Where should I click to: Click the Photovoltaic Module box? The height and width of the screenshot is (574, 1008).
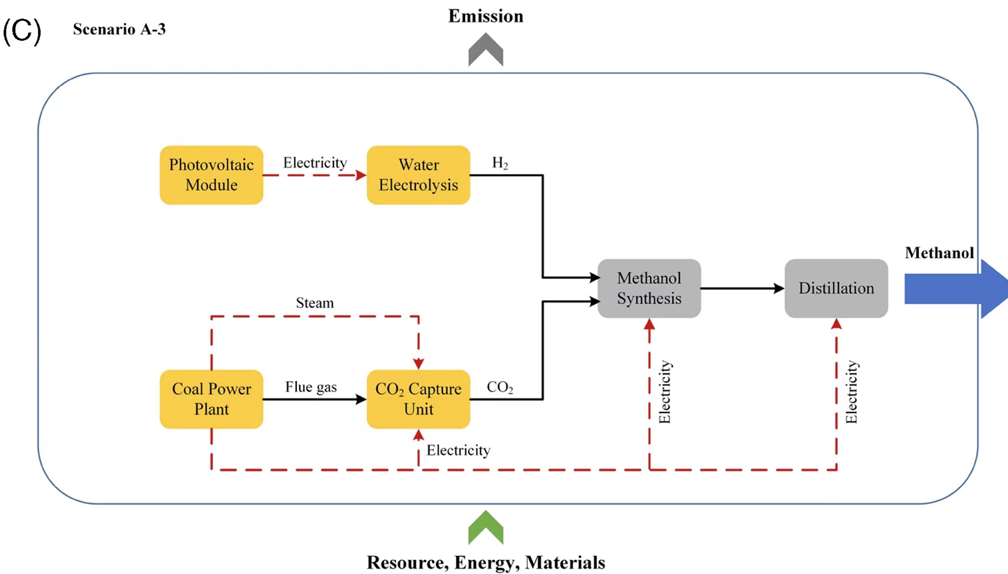click(x=211, y=175)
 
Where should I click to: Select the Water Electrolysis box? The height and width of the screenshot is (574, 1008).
click(x=418, y=175)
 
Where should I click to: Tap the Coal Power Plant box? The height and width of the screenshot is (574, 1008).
click(x=211, y=399)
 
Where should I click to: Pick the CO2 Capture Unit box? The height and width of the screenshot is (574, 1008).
click(x=418, y=399)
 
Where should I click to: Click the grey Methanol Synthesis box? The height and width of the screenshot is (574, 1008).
click(x=649, y=288)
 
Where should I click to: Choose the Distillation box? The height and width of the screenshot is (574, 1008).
click(x=836, y=288)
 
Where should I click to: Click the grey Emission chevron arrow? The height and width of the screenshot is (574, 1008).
click(x=486, y=50)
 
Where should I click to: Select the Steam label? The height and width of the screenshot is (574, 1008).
click(x=315, y=303)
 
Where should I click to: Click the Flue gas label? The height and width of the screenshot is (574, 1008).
click(x=311, y=387)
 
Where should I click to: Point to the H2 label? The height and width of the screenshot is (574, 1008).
click(x=500, y=163)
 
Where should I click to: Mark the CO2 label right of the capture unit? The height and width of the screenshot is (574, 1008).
click(x=500, y=387)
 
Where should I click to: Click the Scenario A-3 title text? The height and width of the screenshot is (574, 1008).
click(x=119, y=29)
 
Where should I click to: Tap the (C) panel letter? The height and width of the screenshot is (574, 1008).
click(x=22, y=31)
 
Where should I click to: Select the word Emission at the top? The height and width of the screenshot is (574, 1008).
click(x=486, y=16)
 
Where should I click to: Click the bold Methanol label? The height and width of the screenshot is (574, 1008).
click(x=939, y=253)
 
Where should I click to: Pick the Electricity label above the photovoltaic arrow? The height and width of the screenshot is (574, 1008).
click(x=315, y=163)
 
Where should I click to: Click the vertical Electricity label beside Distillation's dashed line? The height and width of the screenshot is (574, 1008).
click(x=851, y=392)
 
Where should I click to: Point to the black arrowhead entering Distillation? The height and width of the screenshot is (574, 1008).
click(x=778, y=288)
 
